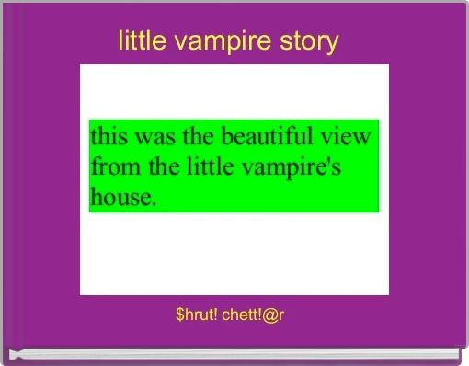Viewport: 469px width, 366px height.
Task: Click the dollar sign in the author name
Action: pyautogui.click(x=178, y=315)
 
